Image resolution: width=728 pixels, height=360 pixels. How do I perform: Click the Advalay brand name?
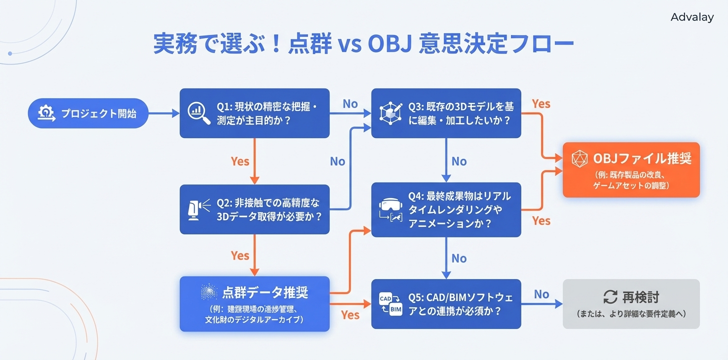click(x=692, y=17)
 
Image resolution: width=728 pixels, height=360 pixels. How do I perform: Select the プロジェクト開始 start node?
click(x=88, y=113)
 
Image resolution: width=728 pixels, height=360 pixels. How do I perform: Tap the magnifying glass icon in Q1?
click(x=198, y=113)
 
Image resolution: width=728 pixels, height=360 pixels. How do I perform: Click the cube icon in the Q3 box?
click(x=390, y=113)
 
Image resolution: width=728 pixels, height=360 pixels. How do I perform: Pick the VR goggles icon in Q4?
click(x=390, y=209)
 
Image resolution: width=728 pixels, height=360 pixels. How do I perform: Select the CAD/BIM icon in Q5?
click(x=390, y=303)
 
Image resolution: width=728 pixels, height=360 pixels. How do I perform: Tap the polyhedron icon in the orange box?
click(x=579, y=159)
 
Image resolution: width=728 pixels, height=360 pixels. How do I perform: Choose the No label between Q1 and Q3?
click(x=350, y=104)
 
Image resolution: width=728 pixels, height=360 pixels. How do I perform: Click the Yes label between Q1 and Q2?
click(x=240, y=161)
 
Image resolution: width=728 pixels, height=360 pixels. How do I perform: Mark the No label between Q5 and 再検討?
click(x=541, y=294)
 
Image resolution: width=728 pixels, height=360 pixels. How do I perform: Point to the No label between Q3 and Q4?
click(x=459, y=161)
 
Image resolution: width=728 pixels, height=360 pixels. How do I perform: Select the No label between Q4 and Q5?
click(x=459, y=258)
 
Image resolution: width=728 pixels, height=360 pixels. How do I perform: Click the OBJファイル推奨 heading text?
click(x=642, y=158)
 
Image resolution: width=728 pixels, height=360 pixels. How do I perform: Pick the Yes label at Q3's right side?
click(x=541, y=104)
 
